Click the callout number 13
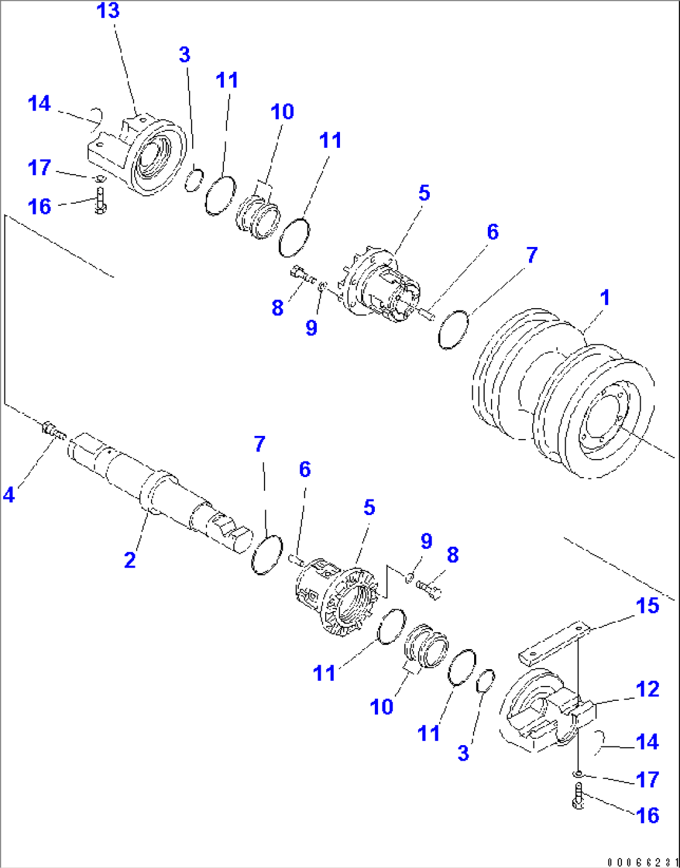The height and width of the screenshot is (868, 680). (x=108, y=12)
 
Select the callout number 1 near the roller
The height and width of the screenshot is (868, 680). (x=605, y=298)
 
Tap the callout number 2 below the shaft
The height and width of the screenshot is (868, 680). (x=130, y=559)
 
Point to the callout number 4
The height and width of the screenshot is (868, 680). (x=9, y=495)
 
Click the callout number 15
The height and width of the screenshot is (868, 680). (x=647, y=605)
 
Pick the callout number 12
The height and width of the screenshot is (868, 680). (x=648, y=689)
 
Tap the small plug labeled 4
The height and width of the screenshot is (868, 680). (x=53, y=431)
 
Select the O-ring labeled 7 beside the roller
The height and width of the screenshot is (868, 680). (x=453, y=329)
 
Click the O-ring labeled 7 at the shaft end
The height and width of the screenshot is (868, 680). (x=266, y=554)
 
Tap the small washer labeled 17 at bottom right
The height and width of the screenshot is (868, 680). (x=578, y=774)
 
